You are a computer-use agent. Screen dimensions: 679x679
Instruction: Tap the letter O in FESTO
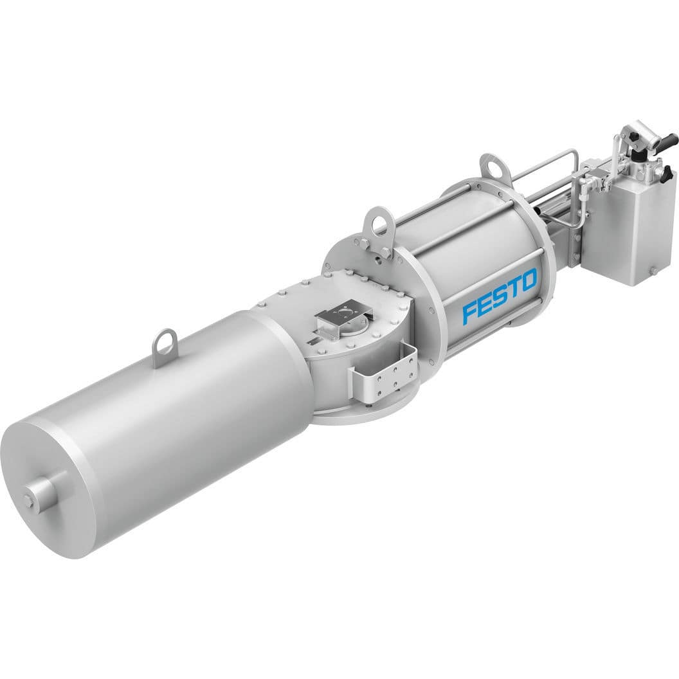tap(529, 282)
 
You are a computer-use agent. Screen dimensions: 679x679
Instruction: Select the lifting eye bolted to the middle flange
tap(378, 226)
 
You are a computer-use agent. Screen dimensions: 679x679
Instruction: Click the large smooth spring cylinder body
tap(193, 412)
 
